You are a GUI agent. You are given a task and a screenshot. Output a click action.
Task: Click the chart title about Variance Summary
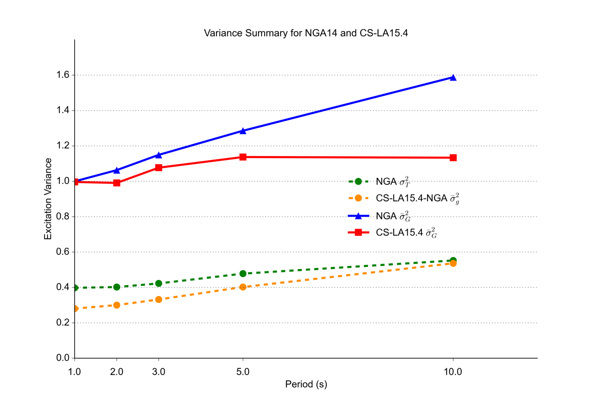(306, 33)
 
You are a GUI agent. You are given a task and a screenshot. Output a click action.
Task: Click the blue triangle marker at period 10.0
(453, 78)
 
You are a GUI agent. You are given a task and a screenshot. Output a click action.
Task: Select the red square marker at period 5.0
(243, 157)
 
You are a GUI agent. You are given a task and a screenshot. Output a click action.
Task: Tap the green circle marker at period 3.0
(159, 283)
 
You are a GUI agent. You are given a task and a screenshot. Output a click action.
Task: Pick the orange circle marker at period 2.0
(116, 305)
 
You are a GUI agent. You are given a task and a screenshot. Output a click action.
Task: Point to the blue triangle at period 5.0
(243, 131)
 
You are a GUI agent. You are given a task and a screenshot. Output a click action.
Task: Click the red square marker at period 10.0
(453, 158)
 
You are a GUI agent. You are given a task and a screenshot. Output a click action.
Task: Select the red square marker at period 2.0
(116, 183)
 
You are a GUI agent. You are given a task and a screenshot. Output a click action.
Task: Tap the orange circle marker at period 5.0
(243, 287)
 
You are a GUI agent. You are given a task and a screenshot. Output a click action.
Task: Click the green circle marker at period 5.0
(243, 274)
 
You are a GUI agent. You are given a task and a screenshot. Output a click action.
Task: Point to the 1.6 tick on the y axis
(63, 75)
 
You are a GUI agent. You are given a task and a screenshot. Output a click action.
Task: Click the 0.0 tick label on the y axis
(63, 358)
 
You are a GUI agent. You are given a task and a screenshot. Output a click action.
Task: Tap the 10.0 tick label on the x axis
(453, 372)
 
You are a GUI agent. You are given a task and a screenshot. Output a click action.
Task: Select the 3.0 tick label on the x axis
(159, 372)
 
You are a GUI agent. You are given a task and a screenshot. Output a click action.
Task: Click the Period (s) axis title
(306, 384)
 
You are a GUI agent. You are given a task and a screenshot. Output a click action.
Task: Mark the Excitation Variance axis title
(48, 199)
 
